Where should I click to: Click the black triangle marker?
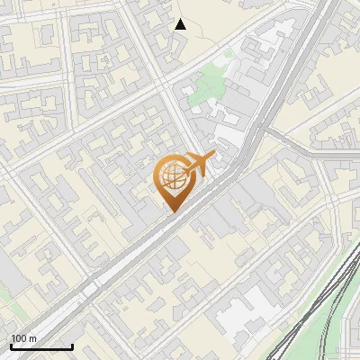[181, 24]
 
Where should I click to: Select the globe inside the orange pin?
[171, 176]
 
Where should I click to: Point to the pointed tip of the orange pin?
[171, 211]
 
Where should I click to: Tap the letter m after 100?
[33, 338]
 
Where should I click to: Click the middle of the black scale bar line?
[40, 347]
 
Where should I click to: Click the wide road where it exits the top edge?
[310, 4]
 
